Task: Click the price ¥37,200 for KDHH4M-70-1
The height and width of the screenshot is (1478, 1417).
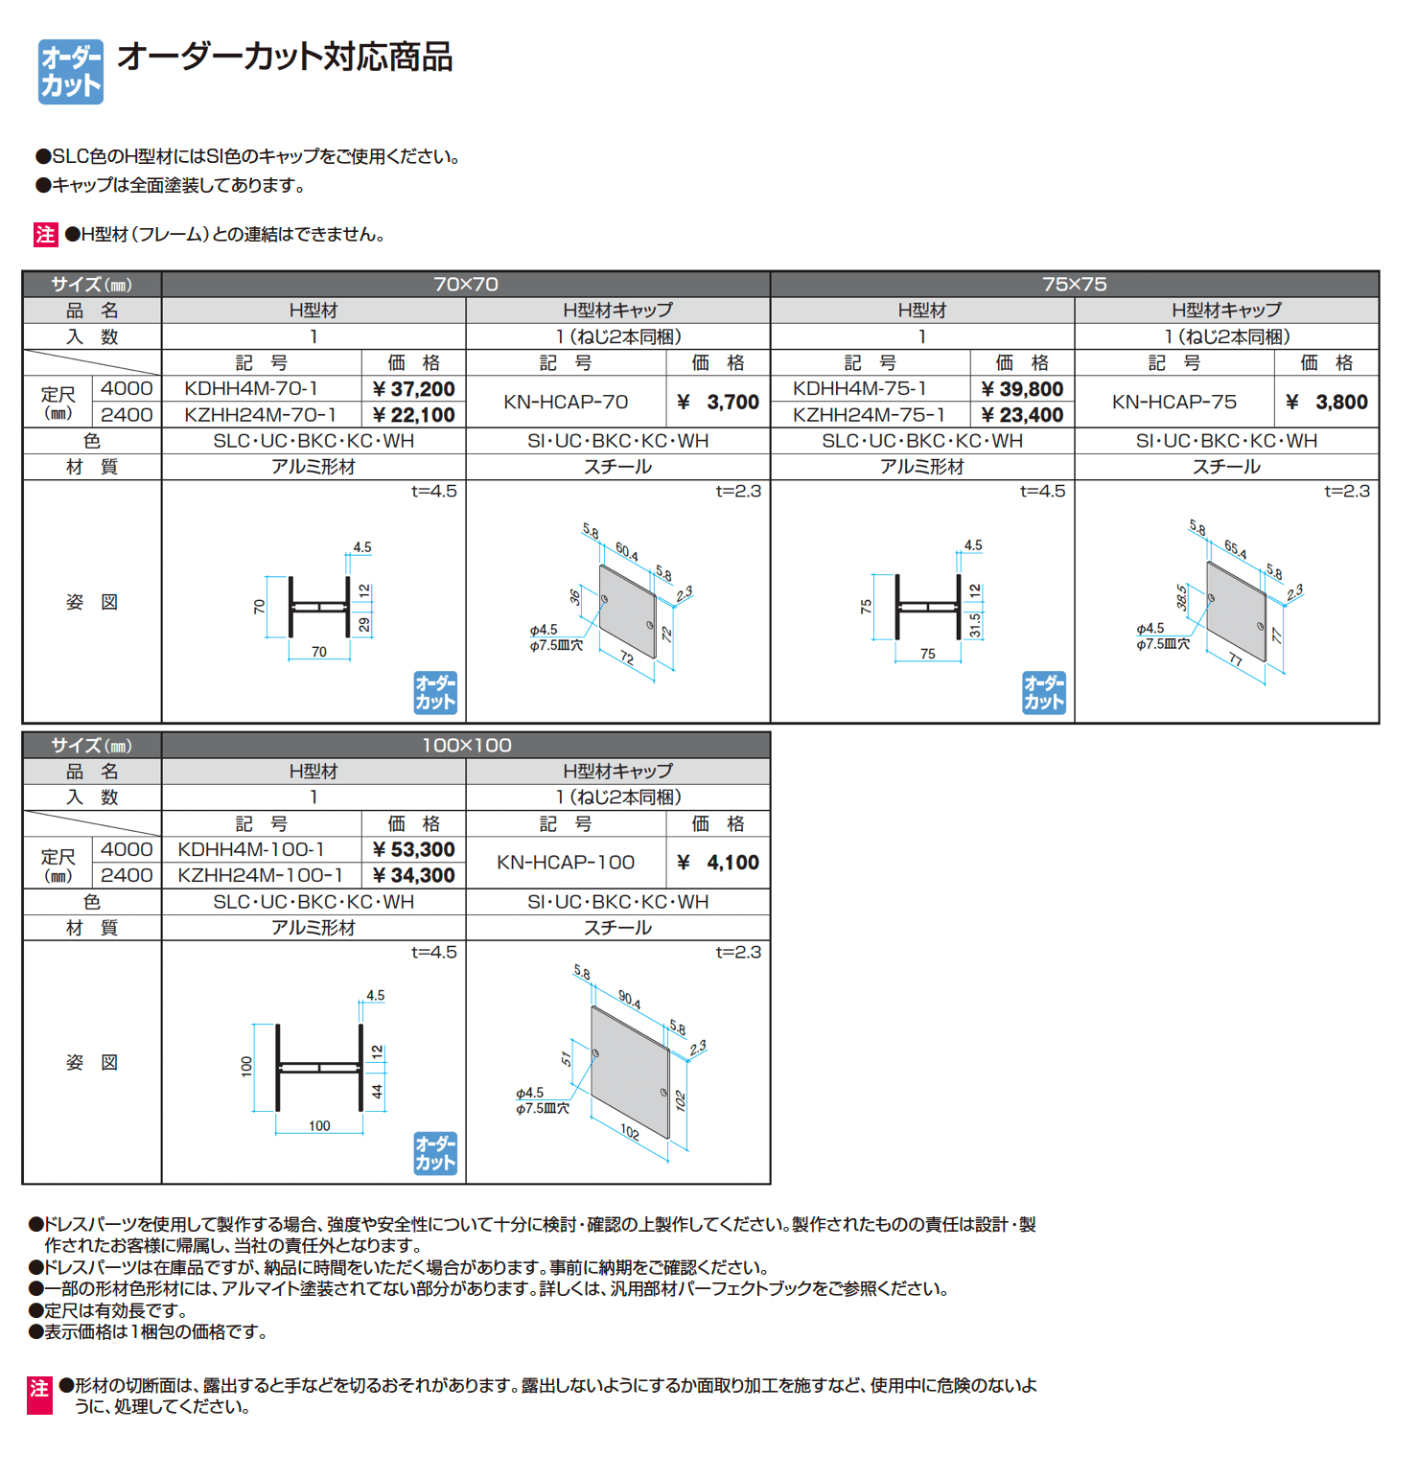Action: click(413, 389)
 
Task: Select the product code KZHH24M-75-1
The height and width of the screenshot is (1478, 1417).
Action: click(869, 415)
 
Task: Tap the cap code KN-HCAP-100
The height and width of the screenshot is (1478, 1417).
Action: click(566, 863)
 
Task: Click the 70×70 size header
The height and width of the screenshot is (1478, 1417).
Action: click(466, 285)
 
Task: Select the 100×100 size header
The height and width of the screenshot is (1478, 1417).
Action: click(466, 746)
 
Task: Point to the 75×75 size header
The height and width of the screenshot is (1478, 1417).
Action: click(1074, 285)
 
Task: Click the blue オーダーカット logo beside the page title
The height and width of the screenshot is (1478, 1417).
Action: click(70, 72)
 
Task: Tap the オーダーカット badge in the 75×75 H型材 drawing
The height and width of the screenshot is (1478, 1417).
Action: click(1043, 692)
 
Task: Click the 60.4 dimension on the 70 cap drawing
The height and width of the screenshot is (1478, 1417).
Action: click(627, 551)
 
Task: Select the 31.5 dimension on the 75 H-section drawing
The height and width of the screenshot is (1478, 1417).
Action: click(975, 625)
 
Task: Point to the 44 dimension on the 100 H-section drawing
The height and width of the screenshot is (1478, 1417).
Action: click(378, 1091)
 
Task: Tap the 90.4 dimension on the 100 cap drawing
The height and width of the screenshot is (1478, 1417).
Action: click(630, 999)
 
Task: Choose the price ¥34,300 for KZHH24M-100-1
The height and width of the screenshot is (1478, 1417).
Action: click(413, 876)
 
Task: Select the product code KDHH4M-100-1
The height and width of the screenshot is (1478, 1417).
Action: click(251, 850)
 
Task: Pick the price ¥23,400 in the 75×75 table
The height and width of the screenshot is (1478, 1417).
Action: click(1022, 415)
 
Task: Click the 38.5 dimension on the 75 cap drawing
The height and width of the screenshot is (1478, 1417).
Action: click(1182, 597)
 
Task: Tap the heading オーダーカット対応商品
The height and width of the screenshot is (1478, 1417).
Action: click(285, 58)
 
